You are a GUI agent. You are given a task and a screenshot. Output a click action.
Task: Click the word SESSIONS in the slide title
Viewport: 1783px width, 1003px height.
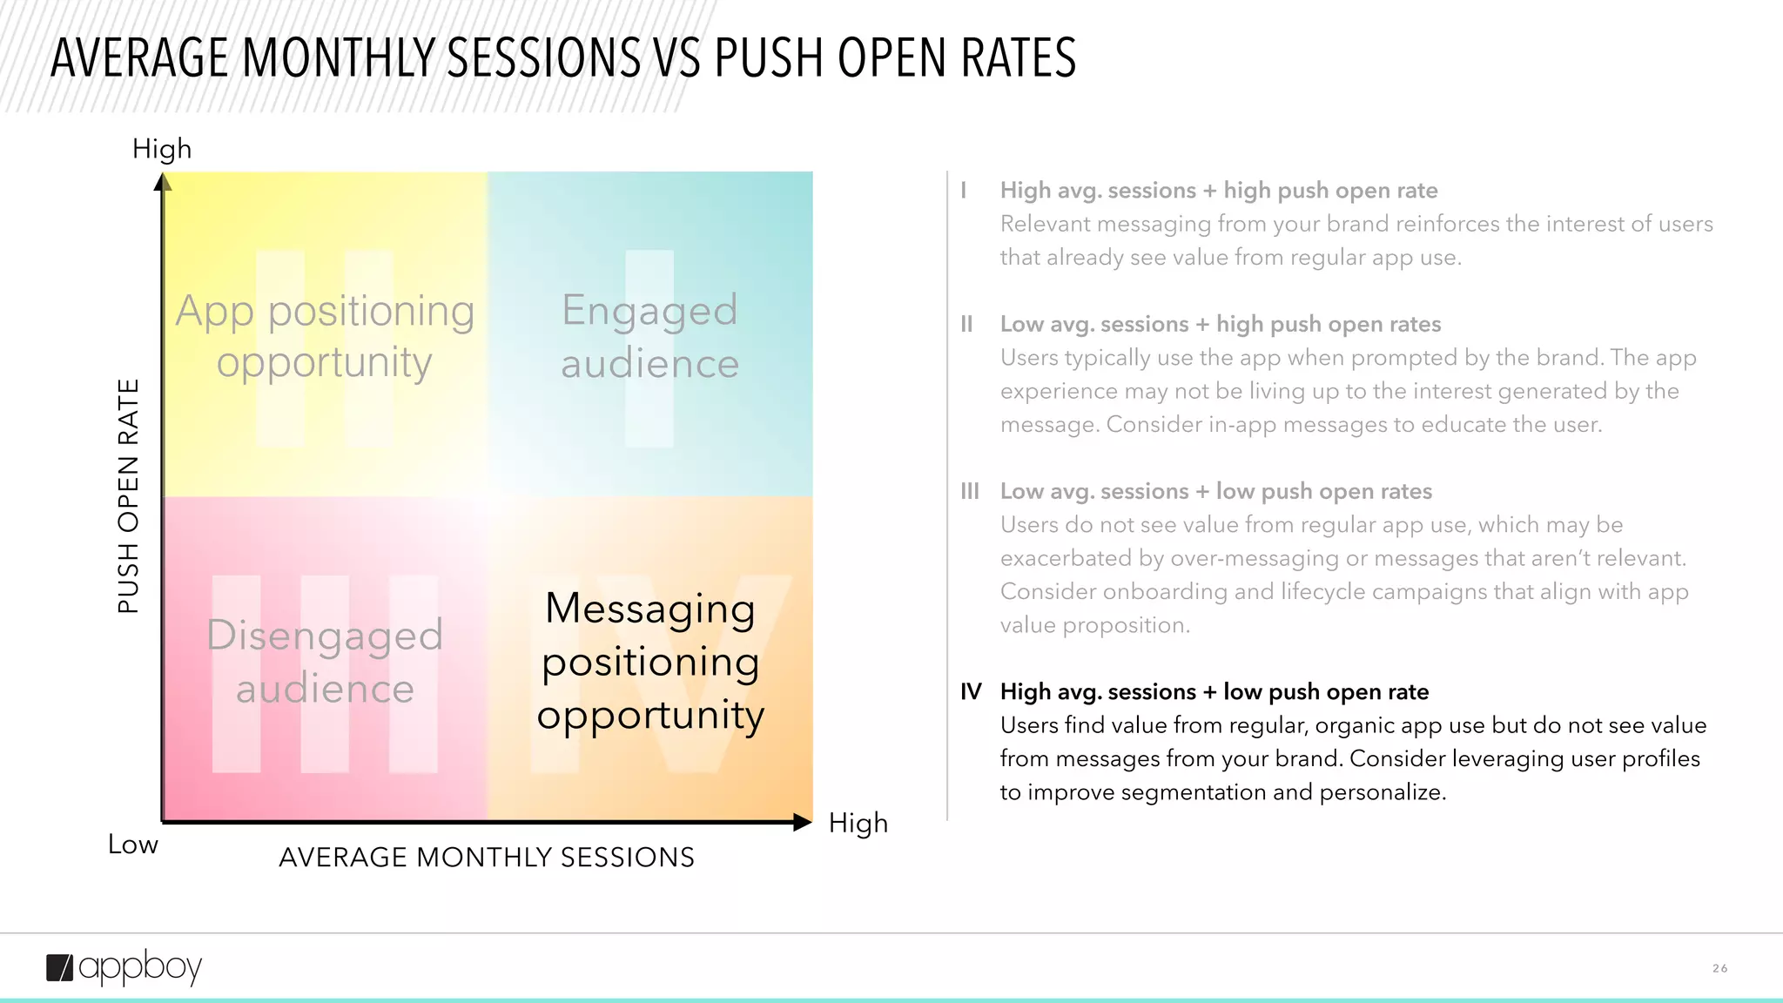pyautogui.click(x=544, y=58)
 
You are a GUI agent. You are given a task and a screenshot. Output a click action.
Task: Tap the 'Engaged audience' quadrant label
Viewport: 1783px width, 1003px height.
pyautogui.click(x=649, y=336)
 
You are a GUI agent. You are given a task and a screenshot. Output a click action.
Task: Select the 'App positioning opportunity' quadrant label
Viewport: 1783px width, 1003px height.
pyautogui.click(x=325, y=336)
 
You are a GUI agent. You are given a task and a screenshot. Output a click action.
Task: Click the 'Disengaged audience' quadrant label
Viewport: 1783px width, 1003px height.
pyautogui.click(x=325, y=662)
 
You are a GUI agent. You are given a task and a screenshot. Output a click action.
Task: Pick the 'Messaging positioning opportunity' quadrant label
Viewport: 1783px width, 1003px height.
pyautogui.click(x=649, y=662)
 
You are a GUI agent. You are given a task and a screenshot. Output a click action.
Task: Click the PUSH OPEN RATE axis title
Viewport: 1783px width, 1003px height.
pyautogui.click(x=128, y=495)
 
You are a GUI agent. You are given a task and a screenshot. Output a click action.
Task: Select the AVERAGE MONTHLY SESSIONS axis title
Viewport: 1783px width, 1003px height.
pyautogui.click(x=487, y=858)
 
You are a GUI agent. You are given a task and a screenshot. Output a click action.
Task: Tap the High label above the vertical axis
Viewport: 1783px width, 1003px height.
pyautogui.click(x=162, y=149)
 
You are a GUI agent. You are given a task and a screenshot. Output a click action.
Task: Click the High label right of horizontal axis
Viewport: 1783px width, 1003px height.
pyautogui.click(x=858, y=823)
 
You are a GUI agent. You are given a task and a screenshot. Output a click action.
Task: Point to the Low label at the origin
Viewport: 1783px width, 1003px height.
pyautogui.click(x=132, y=845)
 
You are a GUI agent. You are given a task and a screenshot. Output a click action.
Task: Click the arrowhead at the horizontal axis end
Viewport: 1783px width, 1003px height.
pyautogui.click(x=803, y=822)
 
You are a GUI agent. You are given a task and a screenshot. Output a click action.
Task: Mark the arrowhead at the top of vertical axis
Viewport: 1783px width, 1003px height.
pyautogui.click(x=163, y=182)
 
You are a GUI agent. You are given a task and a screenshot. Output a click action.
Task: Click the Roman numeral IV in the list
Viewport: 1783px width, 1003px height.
pyautogui.click(x=971, y=692)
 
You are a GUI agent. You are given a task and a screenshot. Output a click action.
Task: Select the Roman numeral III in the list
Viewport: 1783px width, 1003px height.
pyautogui.click(x=969, y=492)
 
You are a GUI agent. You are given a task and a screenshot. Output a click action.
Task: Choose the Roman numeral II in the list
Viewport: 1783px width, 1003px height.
pyautogui.click(x=966, y=325)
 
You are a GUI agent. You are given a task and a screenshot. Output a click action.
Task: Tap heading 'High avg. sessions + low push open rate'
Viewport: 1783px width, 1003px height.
pyautogui.click(x=1214, y=692)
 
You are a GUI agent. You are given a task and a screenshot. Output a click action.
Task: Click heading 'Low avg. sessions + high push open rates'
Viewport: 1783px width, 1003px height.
pyautogui.click(x=1220, y=325)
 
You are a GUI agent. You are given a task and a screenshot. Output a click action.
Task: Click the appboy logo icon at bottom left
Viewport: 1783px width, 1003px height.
pyautogui.click(x=60, y=967)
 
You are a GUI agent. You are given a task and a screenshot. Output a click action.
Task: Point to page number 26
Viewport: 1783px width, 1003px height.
pyautogui.click(x=1719, y=968)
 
